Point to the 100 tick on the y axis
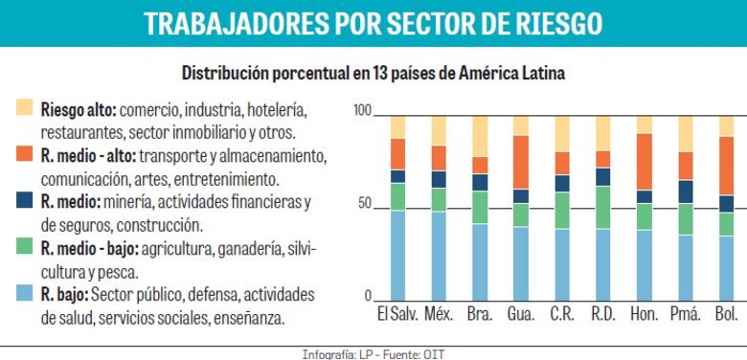pos(361,110)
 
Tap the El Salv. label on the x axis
pos(396,314)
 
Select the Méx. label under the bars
pos(438,314)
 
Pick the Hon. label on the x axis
pos(645,314)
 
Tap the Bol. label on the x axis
pos(727,314)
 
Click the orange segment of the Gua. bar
pos(520,162)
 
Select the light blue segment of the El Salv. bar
pos(396,256)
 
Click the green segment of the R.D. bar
pos(603,207)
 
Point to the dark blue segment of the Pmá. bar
pos(686,191)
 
